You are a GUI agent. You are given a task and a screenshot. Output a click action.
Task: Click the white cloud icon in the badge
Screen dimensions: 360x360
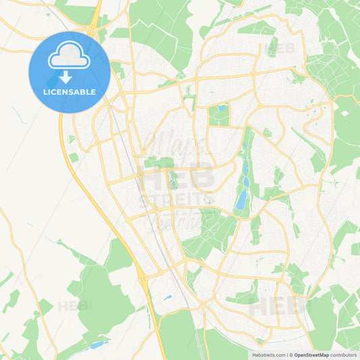[x=70, y=59]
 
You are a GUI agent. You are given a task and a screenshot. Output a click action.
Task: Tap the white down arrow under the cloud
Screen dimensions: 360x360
[x=70, y=77]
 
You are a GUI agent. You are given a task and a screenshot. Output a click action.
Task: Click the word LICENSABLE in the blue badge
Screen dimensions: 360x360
[x=70, y=92]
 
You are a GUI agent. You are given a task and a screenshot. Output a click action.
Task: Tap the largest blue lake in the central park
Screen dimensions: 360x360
[x=241, y=199]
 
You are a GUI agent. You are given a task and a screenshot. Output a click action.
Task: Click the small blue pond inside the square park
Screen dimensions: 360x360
[x=222, y=108]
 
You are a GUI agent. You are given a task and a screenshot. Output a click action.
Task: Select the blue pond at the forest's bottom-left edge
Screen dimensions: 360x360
[x=98, y=344]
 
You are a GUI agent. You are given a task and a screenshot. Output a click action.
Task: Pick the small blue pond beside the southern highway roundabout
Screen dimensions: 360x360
[x=167, y=297]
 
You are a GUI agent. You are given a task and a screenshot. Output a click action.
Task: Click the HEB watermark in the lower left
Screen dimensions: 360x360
[x=72, y=306]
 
